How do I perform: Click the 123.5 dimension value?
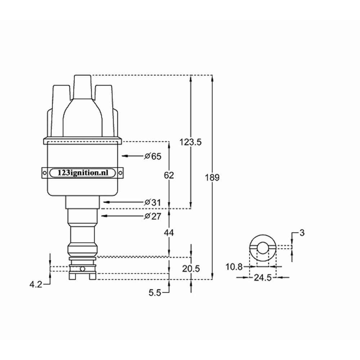coord(191,142)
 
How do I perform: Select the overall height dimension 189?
coord(212,177)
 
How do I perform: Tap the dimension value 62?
coord(168,175)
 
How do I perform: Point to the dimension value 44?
coord(168,233)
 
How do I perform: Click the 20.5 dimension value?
coord(191,269)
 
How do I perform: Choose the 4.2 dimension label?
coord(36,284)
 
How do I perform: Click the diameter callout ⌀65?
coord(152,156)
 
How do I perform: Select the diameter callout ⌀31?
coord(152,203)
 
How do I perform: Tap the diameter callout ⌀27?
coord(152,216)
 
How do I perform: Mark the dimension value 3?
coord(302,233)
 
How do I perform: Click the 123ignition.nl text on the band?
coord(82,173)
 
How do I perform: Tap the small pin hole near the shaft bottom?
coord(82,269)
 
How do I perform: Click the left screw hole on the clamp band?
coord(45,173)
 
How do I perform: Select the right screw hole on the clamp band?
coord(121,173)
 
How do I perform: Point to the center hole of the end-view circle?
coord(262,247)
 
